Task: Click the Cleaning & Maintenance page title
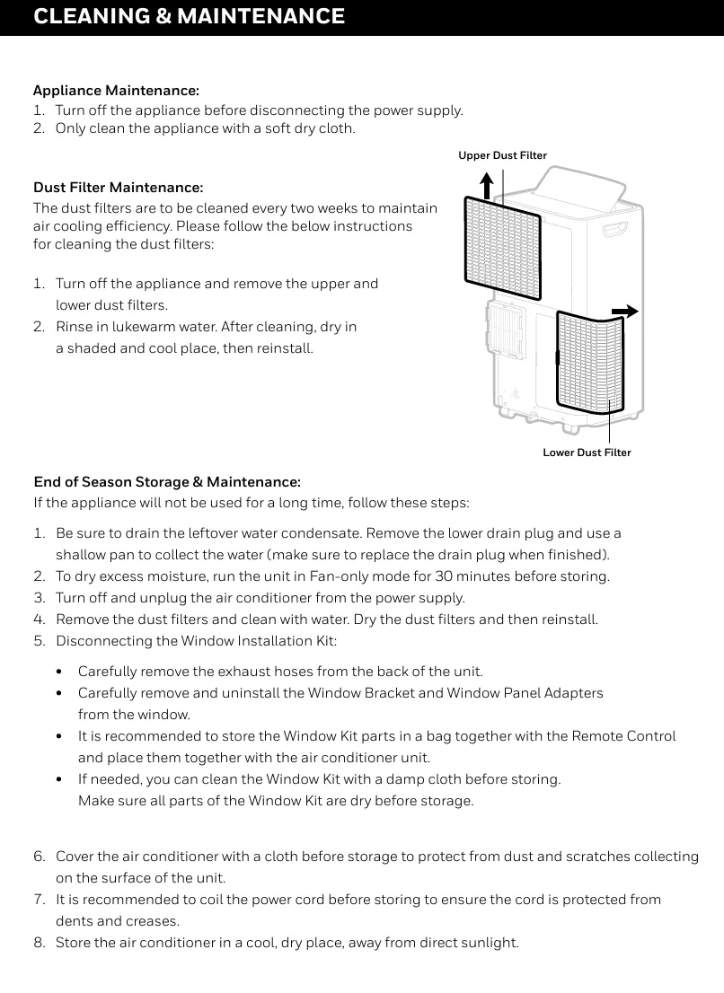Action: click(x=189, y=16)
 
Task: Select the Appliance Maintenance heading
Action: click(x=116, y=91)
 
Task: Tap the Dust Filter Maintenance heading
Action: click(x=118, y=188)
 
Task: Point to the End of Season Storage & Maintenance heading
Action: click(x=166, y=482)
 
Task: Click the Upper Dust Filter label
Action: click(x=502, y=155)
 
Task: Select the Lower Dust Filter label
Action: click(x=587, y=453)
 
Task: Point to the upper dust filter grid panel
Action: click(x=503, y=247)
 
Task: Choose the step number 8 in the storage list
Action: click(x=39, y=943)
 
